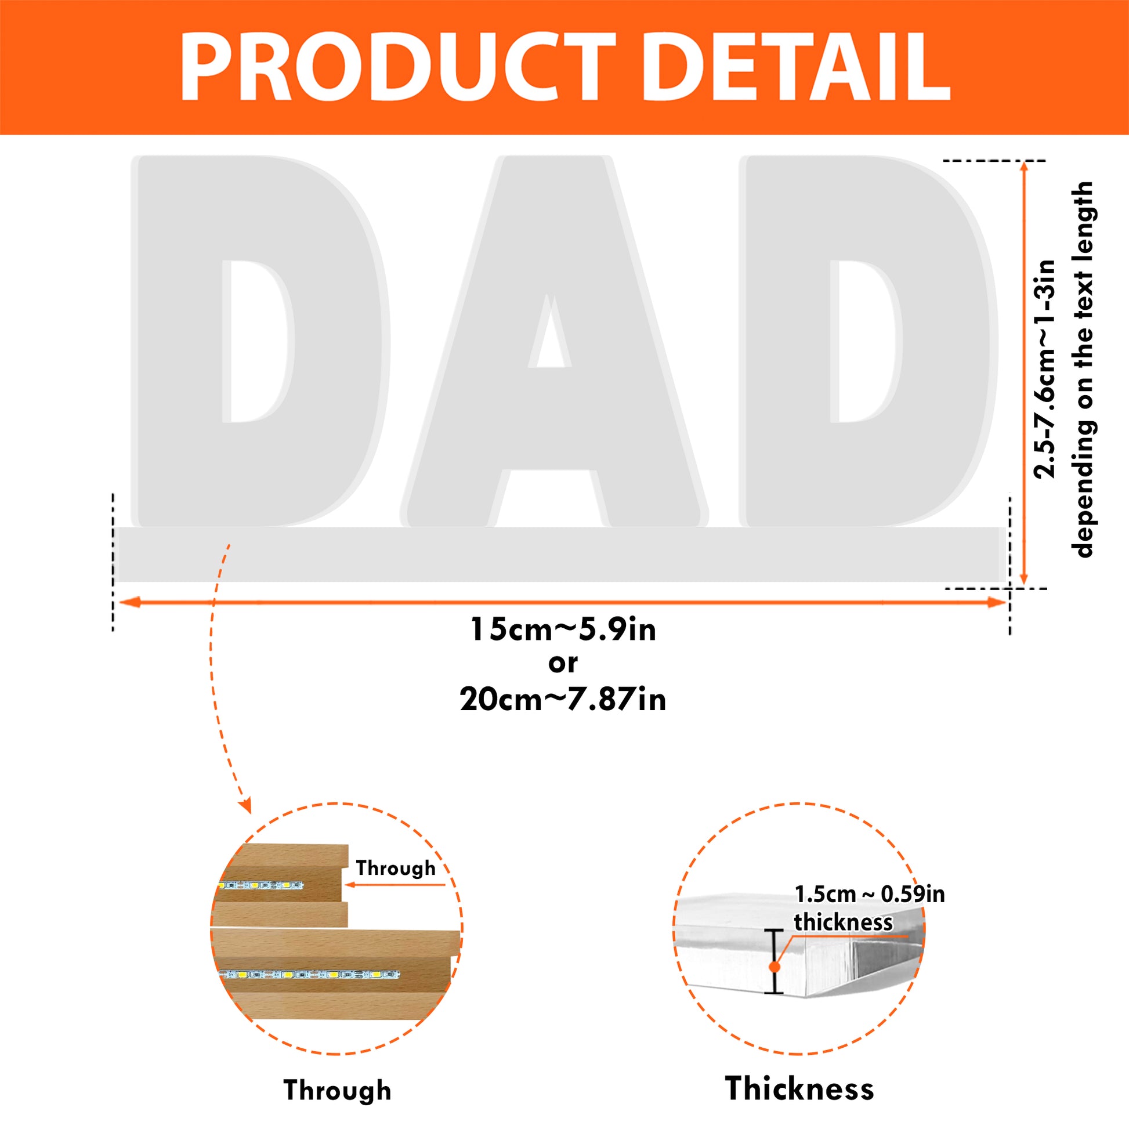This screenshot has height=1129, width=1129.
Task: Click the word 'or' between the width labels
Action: pos(563,664)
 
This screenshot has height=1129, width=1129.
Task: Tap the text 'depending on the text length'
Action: pos(1082,370)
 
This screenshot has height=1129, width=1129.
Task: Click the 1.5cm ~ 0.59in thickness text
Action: pos(870,909)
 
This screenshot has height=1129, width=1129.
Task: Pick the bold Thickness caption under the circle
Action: pos(799,1088)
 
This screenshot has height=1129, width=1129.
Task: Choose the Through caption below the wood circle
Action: pos(338,1091)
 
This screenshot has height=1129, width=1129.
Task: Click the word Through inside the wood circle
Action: pos(396,869)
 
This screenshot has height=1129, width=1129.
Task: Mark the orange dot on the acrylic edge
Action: pos(775,967)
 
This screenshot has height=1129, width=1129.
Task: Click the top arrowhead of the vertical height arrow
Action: pos(1023,169)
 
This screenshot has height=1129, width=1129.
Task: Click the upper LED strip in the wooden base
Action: pos(260,886)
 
